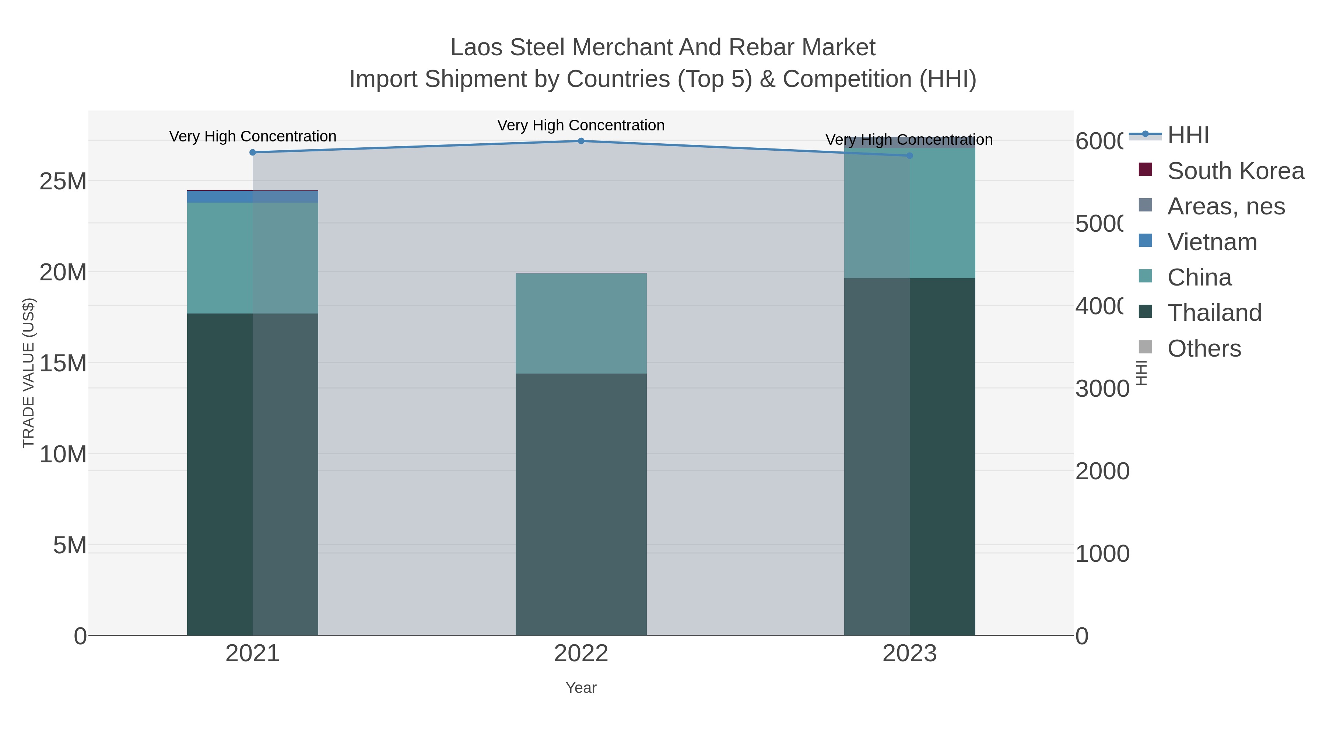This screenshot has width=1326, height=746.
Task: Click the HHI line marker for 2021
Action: pyautogui.click(x=252, y=153)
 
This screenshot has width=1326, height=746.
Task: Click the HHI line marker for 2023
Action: pyautogui.click(x=909, y=155)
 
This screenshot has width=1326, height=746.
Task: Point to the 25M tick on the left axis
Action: pyautogui.click(x=63, y=182)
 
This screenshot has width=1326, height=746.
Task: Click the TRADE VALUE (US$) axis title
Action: pyautogui.click(x=28, y=373)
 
